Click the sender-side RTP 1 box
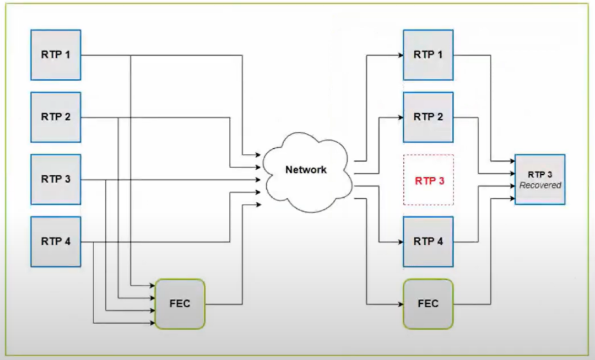tap(56, 55)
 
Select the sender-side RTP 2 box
tap(56, 117)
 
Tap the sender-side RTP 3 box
tap(56, 179)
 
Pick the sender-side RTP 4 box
tap(56, 241)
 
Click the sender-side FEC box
tap(180, 304)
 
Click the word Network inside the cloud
tap(306, 170)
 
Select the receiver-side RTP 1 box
tap(428, 55)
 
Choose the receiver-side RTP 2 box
tap(428, 117)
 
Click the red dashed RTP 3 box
tap(428, 180)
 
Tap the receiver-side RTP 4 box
tap(428, 241)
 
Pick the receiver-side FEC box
tap(428, 304)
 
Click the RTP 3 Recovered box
tap(540, 180)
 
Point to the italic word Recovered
tap(540, 185)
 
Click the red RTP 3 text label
tap(428, 180)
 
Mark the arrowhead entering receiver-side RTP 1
tap(400, 55)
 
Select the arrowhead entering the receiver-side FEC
tap(400, 304)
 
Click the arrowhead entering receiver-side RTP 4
tap(400, 241)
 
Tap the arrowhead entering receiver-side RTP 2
tap(400, 117)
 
